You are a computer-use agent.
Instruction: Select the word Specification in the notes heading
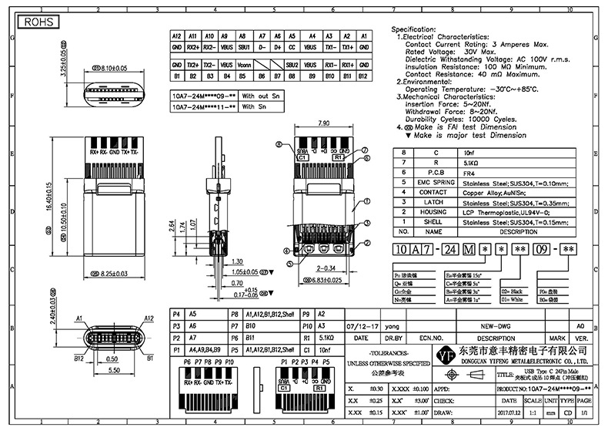419,29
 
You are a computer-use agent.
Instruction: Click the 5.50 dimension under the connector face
113,371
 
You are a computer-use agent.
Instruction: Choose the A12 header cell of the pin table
175,36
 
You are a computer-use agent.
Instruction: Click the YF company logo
446,358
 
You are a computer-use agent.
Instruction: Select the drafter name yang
393,326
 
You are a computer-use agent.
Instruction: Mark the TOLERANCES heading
387,351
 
